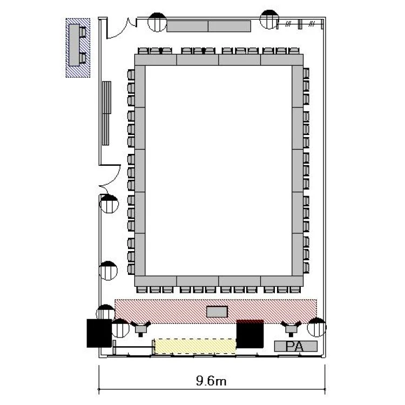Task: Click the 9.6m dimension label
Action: pos(211,381)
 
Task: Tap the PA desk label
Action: pos(295,346)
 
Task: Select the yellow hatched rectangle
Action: pos(195,346)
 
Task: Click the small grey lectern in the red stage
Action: pos(217,312)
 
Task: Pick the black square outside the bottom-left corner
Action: pos(99,333)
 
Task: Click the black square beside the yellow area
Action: pos(250,334)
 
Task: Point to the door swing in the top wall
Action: pos(121,29)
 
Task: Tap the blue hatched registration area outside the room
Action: pos(78,48)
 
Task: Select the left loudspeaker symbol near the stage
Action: pos(140,328)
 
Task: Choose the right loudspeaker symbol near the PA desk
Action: pos(291,328)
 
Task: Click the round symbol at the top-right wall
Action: pos(269,19)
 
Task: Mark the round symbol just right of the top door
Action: pos(157,22)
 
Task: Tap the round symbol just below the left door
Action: pos(109,204)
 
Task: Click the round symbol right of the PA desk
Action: pos(316,327)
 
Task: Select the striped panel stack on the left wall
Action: pos(106,113)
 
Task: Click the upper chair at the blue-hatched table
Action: pos(83,32)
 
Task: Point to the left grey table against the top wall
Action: pos(187,26)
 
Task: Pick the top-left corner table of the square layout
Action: pos(156,60)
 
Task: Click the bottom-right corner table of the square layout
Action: pos(282,281)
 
